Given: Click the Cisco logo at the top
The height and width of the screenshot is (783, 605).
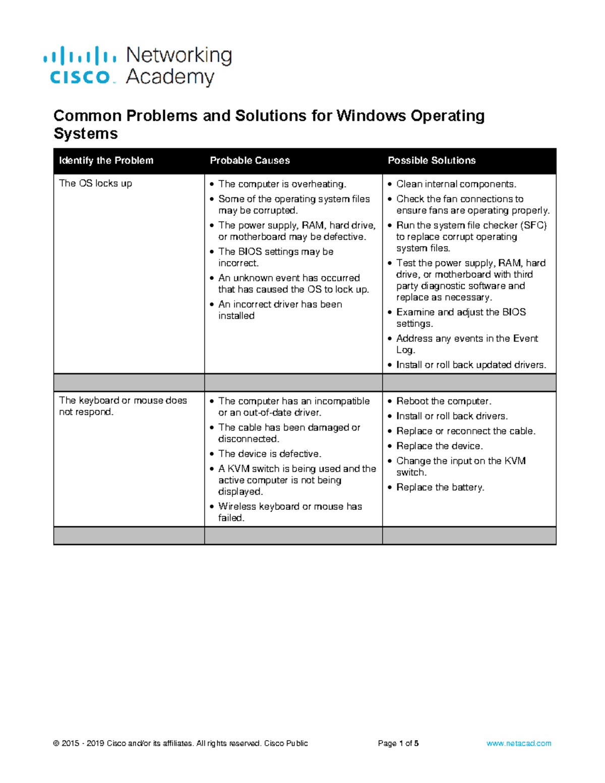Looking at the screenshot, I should click(80, 66).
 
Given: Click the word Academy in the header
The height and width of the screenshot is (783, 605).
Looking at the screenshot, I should click(170, 77).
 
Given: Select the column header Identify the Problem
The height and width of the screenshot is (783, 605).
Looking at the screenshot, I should click(106, 161).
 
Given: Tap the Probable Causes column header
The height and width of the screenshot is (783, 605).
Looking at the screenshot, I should click(250, 161).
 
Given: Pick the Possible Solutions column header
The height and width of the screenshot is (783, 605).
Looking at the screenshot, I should click(432, 161).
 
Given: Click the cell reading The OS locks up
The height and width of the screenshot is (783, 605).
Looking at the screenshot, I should click(95, 184).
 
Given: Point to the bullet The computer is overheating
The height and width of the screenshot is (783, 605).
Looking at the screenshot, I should click(282, 184).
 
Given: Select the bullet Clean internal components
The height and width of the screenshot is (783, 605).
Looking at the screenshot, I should click(456, 184).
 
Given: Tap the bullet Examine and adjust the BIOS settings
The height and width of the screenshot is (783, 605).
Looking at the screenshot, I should click(460, 318).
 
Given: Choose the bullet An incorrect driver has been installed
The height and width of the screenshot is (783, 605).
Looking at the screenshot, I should click(280, 310).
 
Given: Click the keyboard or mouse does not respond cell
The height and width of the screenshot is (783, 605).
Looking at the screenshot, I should click(123, 406).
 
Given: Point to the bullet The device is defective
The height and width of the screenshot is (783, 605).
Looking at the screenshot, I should click(269, 454).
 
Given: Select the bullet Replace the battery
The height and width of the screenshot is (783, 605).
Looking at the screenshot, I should click(440, 487).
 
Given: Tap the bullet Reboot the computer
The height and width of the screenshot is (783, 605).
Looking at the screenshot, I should click(443, 401).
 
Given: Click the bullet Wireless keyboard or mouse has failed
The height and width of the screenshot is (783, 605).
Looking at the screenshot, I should click(289, 512).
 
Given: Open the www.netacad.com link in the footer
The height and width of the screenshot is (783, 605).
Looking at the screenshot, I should click(518, 743).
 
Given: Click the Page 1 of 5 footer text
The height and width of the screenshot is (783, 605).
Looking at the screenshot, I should click(398, 743).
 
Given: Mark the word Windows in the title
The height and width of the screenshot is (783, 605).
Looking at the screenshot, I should click(371, 116).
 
